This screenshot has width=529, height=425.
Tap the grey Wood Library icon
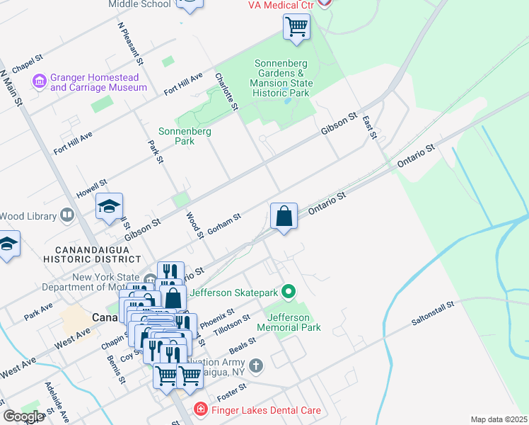tap(67, 214)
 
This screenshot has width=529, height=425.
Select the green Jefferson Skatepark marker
tap(288, 291)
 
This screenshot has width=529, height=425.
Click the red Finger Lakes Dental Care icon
tap(201, 410)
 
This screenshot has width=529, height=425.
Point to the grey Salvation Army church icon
tap(256, 365)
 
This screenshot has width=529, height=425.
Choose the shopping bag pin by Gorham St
tap(284, 217)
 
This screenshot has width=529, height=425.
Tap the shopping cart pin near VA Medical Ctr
tap(296, 28)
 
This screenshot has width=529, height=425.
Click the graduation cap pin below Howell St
tap(110, 207)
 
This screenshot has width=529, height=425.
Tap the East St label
tap(368, 127)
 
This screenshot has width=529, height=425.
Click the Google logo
tap(23, 416)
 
